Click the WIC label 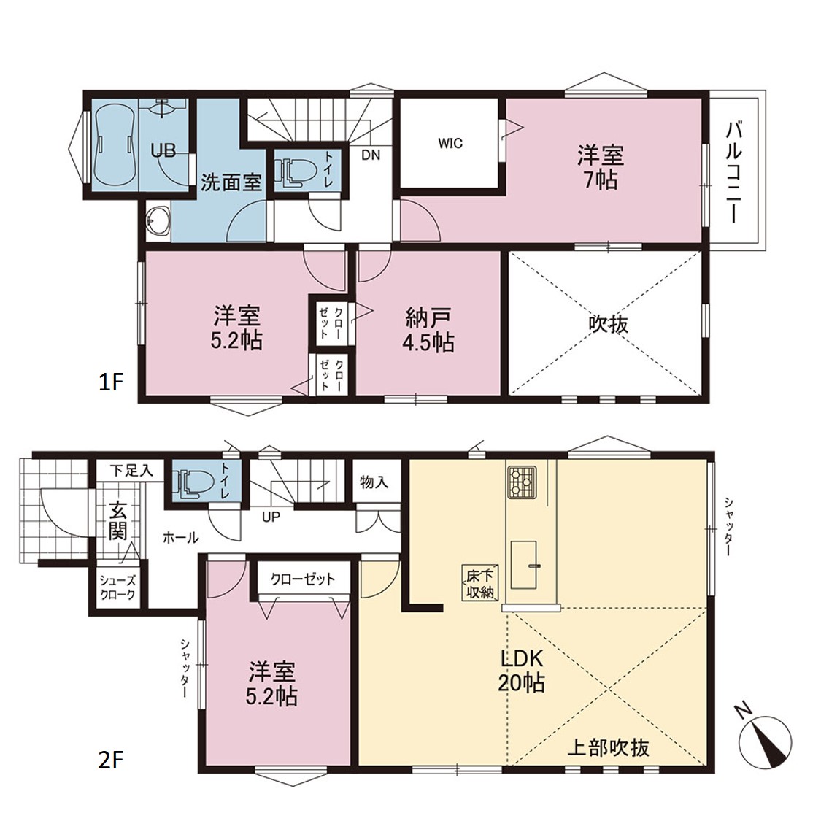pyautogui.click(x=450, y=143)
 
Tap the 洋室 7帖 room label pyautogui.click(x=601, y=168)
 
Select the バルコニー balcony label pyautogui.click(x=735, y=171)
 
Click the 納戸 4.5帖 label pyautogui.click(x=428, y=331)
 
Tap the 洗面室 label pyautogui.click(x=231, y=182)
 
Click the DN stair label pyautogui.click(x=371, y=155)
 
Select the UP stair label pyautogui.click(x=271, y=517)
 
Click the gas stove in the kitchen pyautogui.click(x=522, y=482)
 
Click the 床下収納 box pyautogui.click(x=479, y=583)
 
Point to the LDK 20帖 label pyautogui.click(x=522, y=671)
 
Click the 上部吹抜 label pyautogui.click(x=609, y=747)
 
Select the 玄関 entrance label pyautogui.click(x=118, y=522)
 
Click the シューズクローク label pyautogui.click(x=117, y=587)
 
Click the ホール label pyautogui.click(x=181, y=537)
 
